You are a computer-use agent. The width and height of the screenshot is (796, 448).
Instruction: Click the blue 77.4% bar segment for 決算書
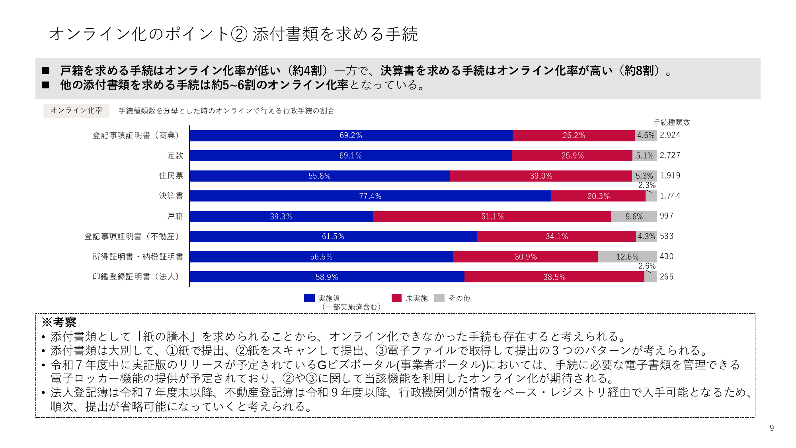(x=370, y=196)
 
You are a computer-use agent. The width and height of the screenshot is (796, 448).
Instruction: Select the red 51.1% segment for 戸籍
(x=492, y=216)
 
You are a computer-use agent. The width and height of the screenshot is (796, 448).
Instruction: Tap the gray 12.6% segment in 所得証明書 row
(x=627, y=257)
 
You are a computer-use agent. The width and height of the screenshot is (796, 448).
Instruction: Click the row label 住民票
(x=171, y=176)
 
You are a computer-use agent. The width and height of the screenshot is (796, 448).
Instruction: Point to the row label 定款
(x=175, y=155)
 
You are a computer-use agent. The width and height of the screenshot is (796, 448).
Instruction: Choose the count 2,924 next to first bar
(x=670, y=135)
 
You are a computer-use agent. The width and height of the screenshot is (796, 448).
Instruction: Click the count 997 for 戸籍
(x=667, y=216)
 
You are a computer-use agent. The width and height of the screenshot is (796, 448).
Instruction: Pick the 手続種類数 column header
(x=672, y=122)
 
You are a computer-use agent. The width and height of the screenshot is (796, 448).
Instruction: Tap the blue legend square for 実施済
(x=309, y=298)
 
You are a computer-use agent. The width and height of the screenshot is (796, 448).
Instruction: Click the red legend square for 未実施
(x=396, y=298)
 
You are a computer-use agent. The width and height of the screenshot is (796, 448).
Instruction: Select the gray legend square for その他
(x=439, y=298)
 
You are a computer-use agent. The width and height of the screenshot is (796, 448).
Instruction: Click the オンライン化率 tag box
(x=76, y=111)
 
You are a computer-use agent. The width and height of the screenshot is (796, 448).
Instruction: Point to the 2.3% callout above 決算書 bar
(x=647, y=185)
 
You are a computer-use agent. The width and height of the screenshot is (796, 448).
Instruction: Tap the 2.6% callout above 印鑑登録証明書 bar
(x=647, y=266)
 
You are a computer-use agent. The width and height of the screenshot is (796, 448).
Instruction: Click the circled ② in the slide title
(x=239, y=34)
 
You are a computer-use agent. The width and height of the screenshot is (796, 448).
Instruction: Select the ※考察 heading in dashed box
(x=59, y=322)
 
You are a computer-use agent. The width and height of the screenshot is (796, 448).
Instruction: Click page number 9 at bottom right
(x=772, y=428)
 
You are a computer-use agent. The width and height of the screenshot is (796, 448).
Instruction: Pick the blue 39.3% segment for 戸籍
(x=281, y=216)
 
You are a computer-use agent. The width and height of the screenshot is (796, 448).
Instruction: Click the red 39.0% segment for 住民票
(x=541, y=176)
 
